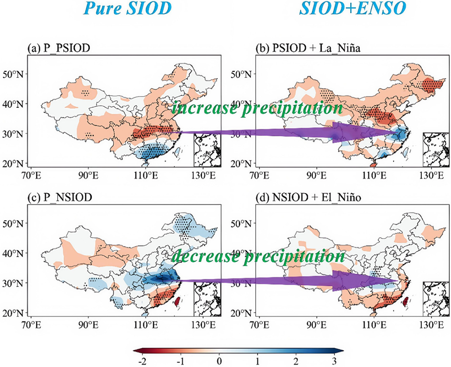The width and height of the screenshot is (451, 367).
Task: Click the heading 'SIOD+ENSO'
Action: pyautogui.click(x=353, y=8)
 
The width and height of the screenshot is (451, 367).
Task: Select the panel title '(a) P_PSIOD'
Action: pyautogui.click(x=59, y=48)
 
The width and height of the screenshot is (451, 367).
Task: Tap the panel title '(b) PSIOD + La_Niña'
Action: pyautogui.click(x=308, y=48)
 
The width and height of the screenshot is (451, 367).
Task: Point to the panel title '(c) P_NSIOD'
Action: pyautogui.click(x=60, y=197)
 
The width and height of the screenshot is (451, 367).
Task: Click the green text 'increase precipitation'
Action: pyautogui.click(x=257, y=108)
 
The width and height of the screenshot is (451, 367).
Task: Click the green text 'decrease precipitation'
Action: pyautogui.click(x=258, y=256)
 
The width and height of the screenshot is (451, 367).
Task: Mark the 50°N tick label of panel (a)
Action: pyautogui.click(x=13, y=74)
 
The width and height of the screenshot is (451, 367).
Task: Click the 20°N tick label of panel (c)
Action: pyautogui.click(x=13, y=313)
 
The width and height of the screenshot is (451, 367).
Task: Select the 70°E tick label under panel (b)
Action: pyautogui.click(x=260, y=176)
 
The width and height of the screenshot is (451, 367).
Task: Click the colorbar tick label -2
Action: pyautogui.click(x=142, y=361)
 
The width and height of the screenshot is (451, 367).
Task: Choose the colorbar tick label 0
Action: pyautogui.click(x=219, y=361)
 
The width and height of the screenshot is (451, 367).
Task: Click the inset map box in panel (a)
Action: pyautogui.click(x=207, y=150)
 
